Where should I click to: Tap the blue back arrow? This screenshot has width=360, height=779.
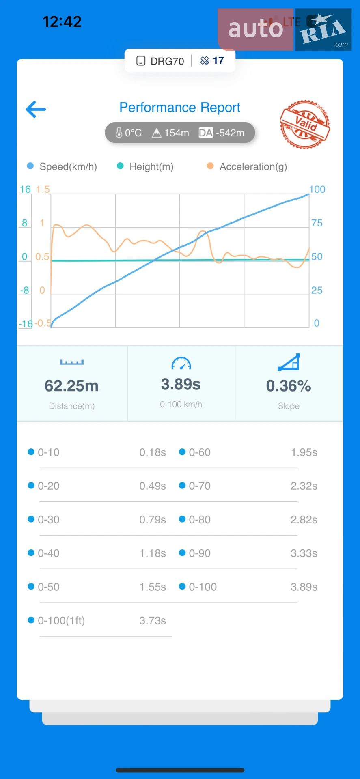[36, 109]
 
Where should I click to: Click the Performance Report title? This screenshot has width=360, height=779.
[180, 108]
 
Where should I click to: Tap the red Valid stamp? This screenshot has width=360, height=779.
[305, 124]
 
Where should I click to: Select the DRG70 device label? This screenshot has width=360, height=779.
[160, 61]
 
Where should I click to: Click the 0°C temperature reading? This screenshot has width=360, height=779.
[128, 133]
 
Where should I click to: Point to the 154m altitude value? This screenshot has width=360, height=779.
[170, 133]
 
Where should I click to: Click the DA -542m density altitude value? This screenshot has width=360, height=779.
[222, 133]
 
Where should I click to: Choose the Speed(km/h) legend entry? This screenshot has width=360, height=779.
[62, 166]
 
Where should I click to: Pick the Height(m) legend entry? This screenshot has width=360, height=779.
[145, 166]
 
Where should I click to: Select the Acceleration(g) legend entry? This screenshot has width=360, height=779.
[247, 166]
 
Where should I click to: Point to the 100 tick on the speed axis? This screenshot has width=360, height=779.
[317, 189]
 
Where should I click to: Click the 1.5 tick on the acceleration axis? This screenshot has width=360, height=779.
[43, 189]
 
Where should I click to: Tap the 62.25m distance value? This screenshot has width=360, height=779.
[71, 386]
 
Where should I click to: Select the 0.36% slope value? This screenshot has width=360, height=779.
[289, 386]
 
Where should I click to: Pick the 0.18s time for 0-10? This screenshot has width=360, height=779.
[153, 452]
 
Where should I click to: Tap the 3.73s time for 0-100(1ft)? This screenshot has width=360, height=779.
[153, 621]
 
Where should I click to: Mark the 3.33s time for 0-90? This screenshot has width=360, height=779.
[304, 553]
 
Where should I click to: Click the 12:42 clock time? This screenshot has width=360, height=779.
[62, 22]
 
